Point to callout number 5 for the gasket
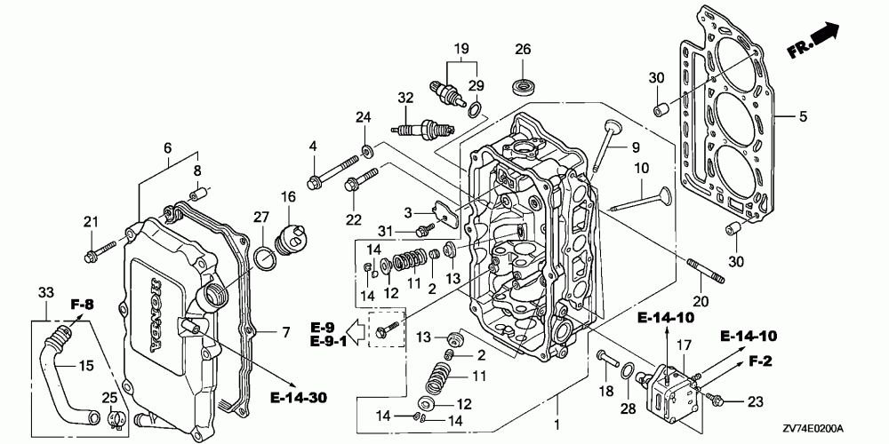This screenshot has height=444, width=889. pyautogui.click(x=802, y=115)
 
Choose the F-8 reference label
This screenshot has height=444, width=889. pyautogui.click(x=83, y=306)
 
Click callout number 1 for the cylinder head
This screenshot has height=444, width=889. pyautogui.click(x=557, y=425)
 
